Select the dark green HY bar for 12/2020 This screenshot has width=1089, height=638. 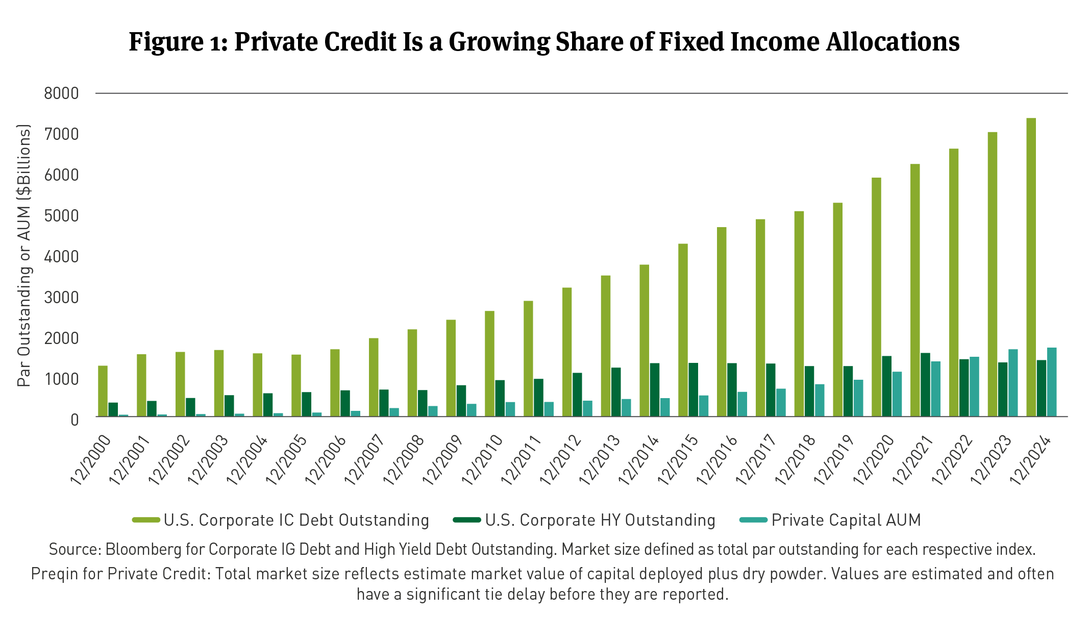coord(886,386)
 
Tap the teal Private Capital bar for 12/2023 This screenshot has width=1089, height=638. coord(1013,383)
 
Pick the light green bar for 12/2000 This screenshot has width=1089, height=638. coord(103,391)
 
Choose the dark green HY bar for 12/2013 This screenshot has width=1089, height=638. coord(616,392)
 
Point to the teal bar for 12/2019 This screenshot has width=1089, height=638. coord(858,398)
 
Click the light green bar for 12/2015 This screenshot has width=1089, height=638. coord(683,330)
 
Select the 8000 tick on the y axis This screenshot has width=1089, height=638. coord(61,93)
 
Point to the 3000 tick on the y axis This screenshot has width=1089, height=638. coord(61,297)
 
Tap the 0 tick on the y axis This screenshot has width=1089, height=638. coord(75,420)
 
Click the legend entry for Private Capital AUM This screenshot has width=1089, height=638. coord(846,520)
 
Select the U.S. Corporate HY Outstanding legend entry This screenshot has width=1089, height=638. coord(600,520)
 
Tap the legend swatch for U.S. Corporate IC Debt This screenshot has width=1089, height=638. coord(146,520)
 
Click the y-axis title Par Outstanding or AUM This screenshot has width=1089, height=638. coord(24,255)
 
